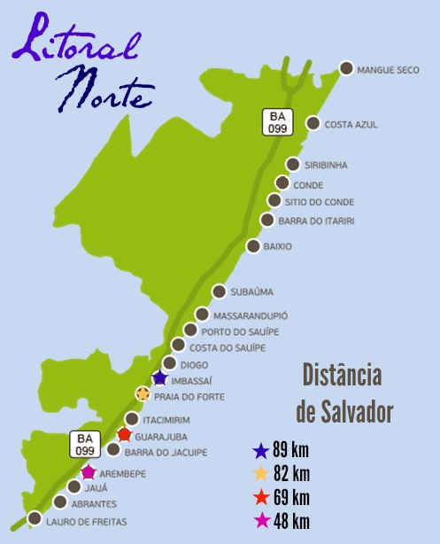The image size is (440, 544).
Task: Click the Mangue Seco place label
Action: coord(386,69)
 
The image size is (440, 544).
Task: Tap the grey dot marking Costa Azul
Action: coord(312,124)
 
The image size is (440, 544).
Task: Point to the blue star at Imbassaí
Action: coord(159,378)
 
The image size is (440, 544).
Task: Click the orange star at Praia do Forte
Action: coord(143,393)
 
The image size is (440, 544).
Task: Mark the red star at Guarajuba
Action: coord(125,434)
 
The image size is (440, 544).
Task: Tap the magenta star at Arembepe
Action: coord(89,471)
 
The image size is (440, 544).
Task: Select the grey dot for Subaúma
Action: coord(220,291)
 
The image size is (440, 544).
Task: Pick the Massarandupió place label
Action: coord(251,315)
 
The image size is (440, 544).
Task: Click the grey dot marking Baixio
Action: coord(253,245)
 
